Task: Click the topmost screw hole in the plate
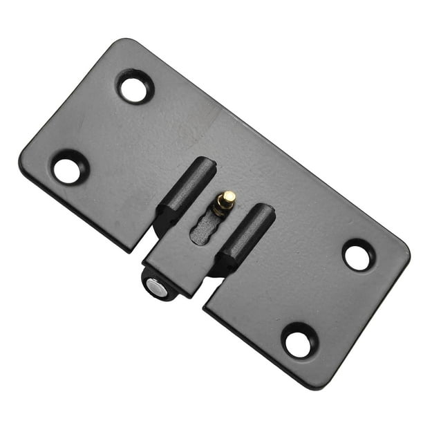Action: [x=134, y=86]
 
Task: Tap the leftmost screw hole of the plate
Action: [x=68, y=168]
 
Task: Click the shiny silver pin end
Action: [x=158, y=289]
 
